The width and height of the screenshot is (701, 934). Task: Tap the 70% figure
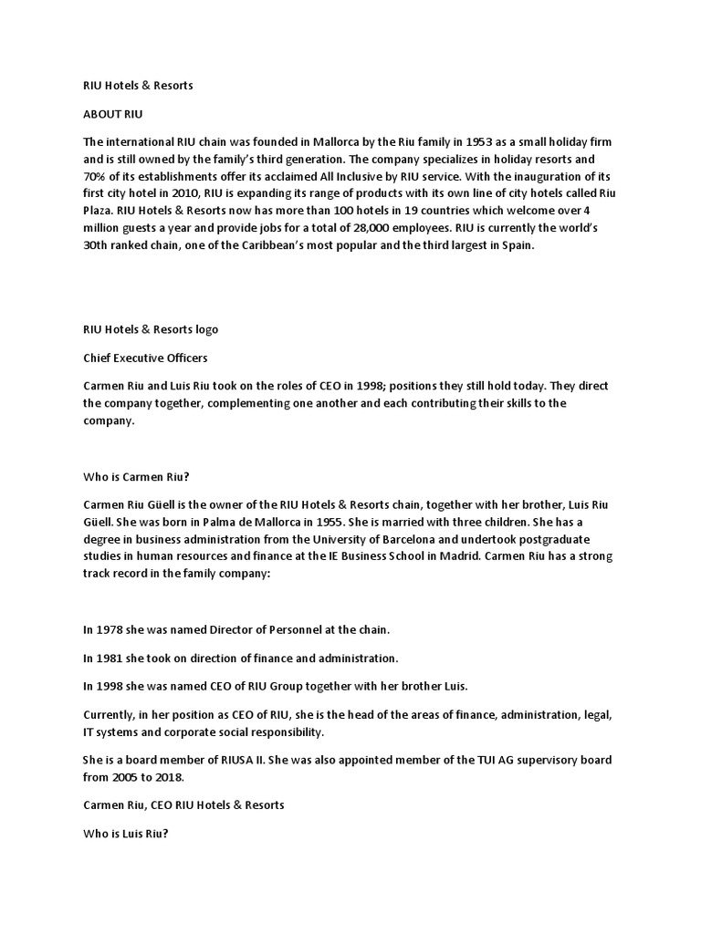(95, 176)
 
